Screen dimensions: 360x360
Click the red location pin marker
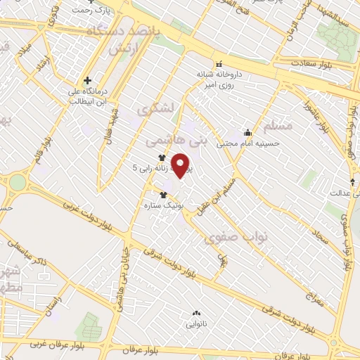click(x=181, y=165)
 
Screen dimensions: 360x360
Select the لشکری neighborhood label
click(x=153, y=110)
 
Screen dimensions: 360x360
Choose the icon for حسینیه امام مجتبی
click(x=247, y=132)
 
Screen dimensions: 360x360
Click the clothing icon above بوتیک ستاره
click(x=164, y=195)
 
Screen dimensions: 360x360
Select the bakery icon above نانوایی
click(x=196, y=314)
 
